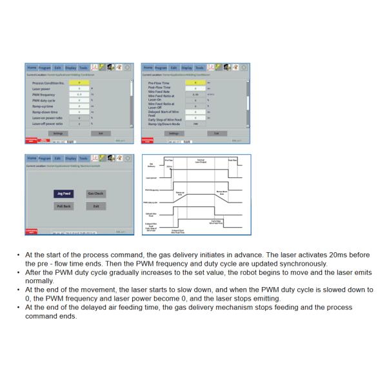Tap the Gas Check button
click(96, 193)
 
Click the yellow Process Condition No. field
click(79, 83)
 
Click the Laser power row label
click(43, 88)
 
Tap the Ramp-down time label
click(46, 112)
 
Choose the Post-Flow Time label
click(159, 87)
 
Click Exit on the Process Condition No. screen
click(101, 133)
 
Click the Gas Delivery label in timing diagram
click(152, 164)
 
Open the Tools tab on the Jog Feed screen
click(83, 158)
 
